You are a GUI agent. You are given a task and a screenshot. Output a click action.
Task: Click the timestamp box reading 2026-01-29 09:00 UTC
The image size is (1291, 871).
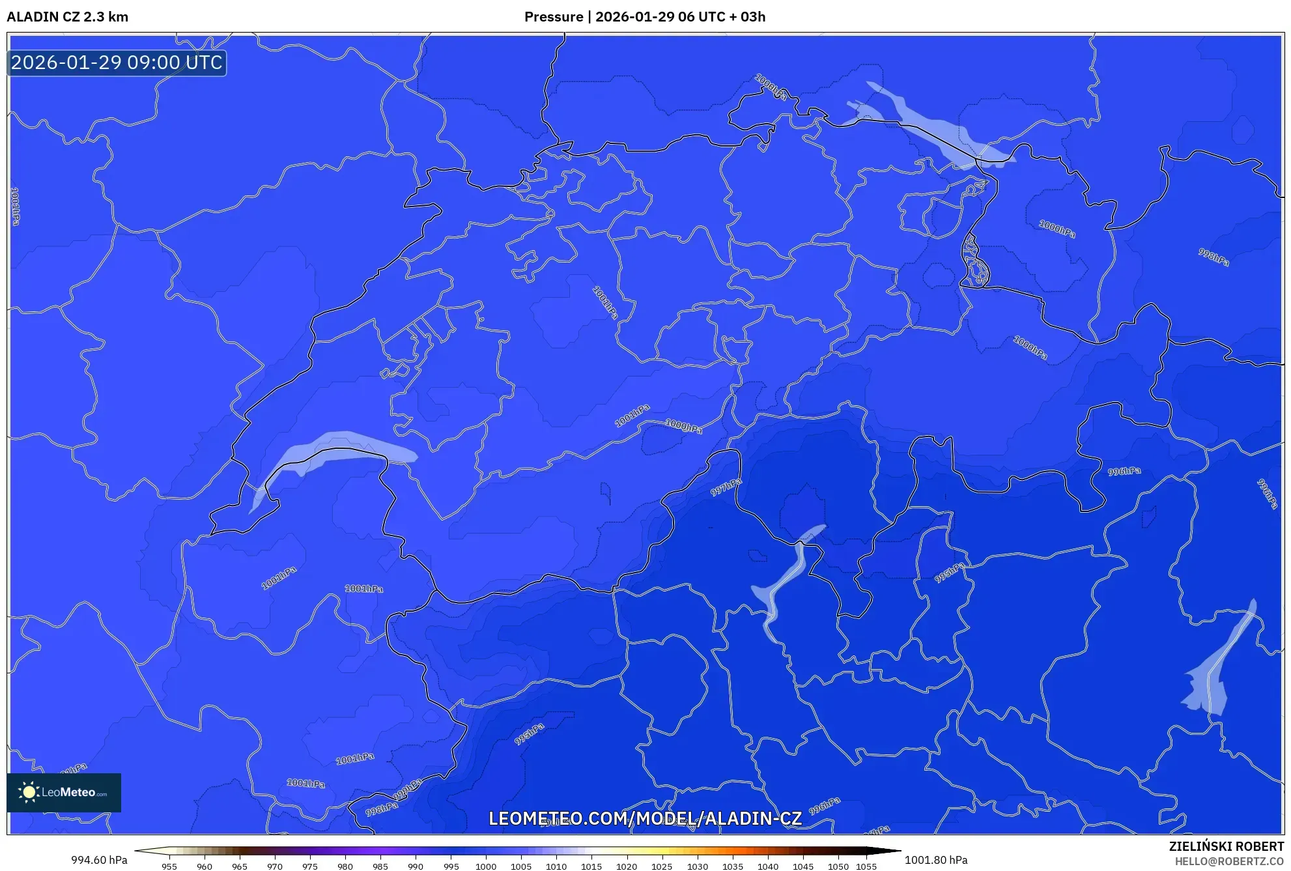pyautogui.click(x=117, y=63)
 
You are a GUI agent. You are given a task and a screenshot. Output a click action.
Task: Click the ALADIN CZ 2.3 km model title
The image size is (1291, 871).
pyautogui.click(x=68, y=17)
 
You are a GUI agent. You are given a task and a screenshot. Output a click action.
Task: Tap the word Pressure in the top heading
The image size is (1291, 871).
pyautogui.click(x=554, y=17)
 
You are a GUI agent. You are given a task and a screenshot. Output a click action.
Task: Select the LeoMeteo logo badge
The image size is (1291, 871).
pyautogui.click(x=64, y=792)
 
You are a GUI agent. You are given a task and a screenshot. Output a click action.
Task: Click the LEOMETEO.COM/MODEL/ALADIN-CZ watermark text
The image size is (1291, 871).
pyautogui.click(x=645, y=819)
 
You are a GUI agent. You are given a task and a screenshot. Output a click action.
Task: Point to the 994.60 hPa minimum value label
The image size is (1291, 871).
pyautogui.click(x=99, y=860)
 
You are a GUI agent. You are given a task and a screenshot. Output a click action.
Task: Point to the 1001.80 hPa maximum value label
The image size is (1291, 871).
pyautogui.click(x=936, y=860)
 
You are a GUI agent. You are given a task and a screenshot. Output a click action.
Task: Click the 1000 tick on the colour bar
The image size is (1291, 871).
pyautogui.click(x=486, y=866)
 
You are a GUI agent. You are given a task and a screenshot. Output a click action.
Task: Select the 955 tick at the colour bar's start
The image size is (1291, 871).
pyautogui.click(x=169, y=866)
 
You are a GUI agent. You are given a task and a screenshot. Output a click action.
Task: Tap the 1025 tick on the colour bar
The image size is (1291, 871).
pyautogui.click(x=662, y=866)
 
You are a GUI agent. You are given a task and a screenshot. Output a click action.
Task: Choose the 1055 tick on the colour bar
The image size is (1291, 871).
pyautogui.click(x=866, y=866)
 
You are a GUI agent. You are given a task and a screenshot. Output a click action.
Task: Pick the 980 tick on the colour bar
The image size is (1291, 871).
pyautogui.click(x=345, y=866)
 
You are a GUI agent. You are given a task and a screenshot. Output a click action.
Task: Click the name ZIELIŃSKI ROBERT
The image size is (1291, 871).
pyautogui.click(x=1227, y=846)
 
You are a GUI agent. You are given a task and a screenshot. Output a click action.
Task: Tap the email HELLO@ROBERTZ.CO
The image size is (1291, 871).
pyautogui.click(x=1229, y=861)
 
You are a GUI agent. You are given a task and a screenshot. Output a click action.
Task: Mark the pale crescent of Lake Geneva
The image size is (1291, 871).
pyautogui.click(x=326, y=450)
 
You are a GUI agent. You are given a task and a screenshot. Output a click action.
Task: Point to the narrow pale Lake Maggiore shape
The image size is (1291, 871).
pyautogui.click(x=785, y=580)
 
